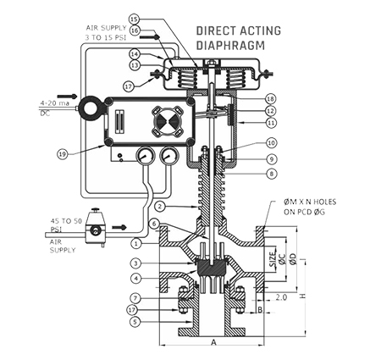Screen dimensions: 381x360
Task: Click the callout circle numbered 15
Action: (135, 19)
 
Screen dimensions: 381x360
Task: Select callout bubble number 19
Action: (63, 154)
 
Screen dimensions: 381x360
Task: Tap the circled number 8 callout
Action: (272, 174)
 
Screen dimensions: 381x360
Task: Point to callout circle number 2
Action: (160, 207)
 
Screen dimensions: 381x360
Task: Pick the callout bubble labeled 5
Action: (136, 322)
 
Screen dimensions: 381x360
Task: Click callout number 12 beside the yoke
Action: (271, 111)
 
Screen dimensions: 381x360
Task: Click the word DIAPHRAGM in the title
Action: (230, 46)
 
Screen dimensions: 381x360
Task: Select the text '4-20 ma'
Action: (55, 103)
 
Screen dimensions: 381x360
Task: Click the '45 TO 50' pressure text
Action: (66, 221)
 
